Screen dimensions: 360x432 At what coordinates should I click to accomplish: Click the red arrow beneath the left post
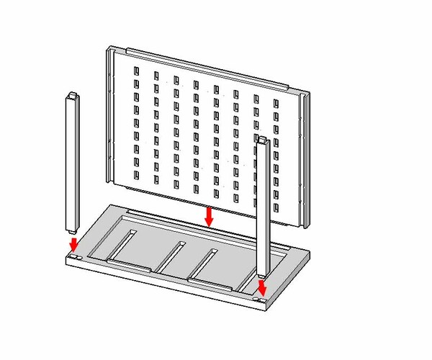point(73,244)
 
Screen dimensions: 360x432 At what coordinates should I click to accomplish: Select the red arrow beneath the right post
point(262,288)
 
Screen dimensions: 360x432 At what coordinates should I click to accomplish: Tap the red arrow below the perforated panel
point(209,216)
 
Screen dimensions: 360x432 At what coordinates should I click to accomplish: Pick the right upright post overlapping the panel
point(263,209)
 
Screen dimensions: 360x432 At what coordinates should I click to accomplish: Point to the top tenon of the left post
point(73,94)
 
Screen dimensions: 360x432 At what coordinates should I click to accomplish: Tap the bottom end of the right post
point(262,274)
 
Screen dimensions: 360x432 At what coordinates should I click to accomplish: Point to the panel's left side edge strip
point(110,115)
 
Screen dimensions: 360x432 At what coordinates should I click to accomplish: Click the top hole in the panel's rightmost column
point(276,104)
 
